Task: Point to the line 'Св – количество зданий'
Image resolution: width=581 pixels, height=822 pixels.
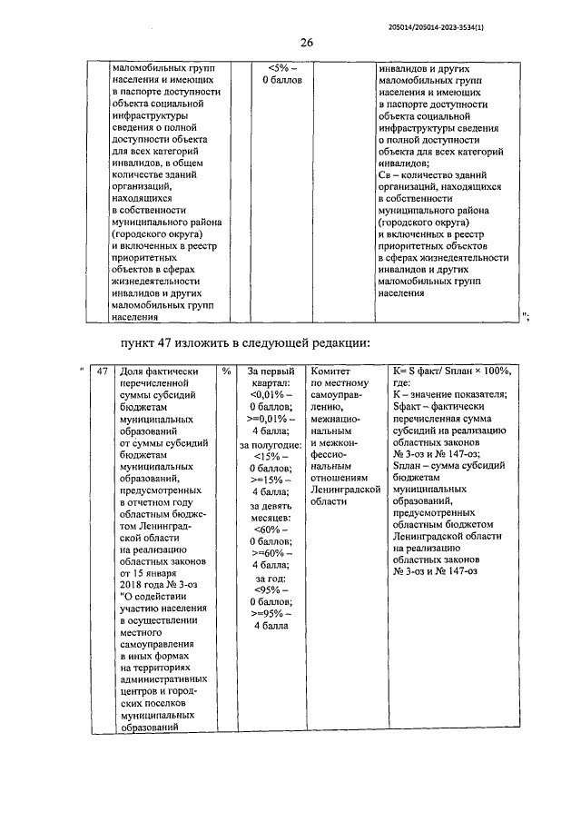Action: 438,174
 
